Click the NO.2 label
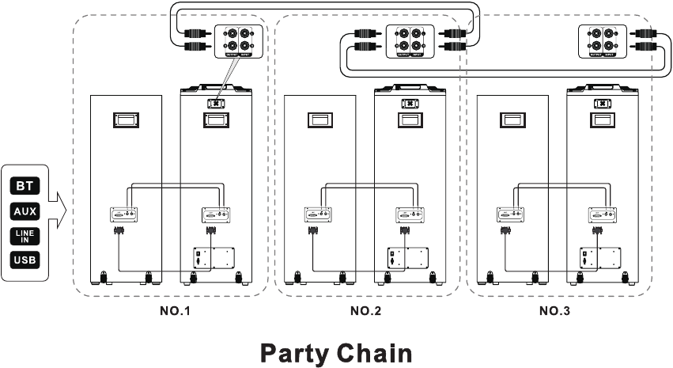pos(366,311)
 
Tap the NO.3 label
pos(554,311)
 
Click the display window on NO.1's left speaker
pos(126,120)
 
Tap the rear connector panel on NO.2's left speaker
pos(319,214)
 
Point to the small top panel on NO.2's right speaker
pos(410,103)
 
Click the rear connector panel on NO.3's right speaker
pos(602,214)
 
